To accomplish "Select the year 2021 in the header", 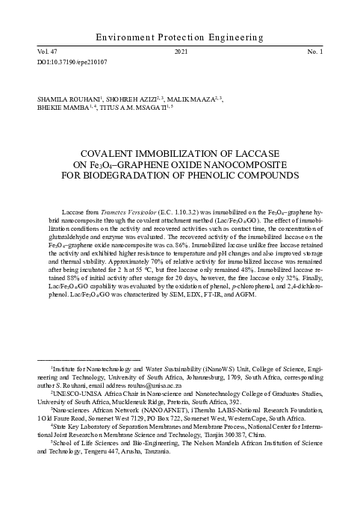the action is pyautogui.click(x=179, y=52).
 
